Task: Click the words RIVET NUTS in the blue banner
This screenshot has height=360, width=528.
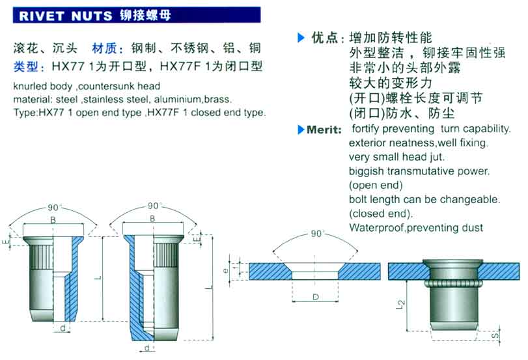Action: [x=66, y=16]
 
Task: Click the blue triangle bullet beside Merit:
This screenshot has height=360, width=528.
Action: [x=301, y=130]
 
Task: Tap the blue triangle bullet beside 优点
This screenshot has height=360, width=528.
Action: [x=301, y=37]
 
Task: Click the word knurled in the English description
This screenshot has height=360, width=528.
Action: [x=30, y=86]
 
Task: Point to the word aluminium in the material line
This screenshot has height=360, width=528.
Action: [x=177, y=100]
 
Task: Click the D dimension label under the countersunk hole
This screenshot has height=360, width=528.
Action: [x=316, y=297]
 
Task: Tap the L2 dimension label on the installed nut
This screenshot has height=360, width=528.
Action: [x=400, y=305]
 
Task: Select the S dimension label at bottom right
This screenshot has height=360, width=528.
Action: [x=494, y=336]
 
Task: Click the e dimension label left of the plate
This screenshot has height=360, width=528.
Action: [x=226, y=270]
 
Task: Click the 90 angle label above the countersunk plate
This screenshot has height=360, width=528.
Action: [x=316, y=233]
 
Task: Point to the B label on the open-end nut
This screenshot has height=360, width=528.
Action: [x=53, y=220]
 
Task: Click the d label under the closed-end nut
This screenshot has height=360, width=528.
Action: [x=147, y=348]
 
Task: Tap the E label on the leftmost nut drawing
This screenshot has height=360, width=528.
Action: [x=6, y=242]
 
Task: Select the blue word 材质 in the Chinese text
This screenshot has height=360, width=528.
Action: [x=104, y=48]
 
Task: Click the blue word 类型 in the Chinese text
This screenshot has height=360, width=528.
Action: [x=25, y=66]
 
